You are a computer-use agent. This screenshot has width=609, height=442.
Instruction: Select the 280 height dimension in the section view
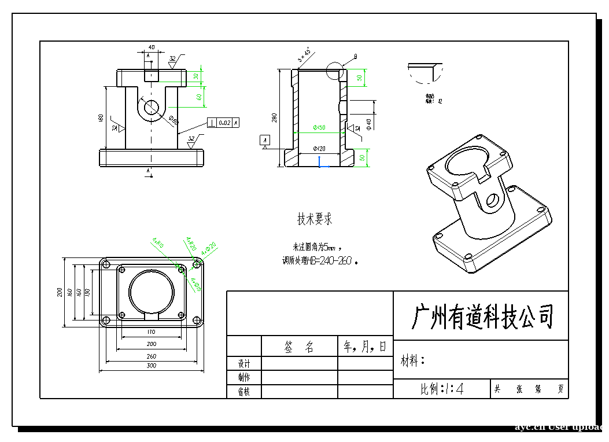[274, 118]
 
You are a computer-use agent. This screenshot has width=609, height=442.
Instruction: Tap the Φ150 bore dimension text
[319, 127]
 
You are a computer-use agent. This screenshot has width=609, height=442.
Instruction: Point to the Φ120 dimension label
[319, 149]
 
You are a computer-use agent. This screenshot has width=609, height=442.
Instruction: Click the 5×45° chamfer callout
[304, 55]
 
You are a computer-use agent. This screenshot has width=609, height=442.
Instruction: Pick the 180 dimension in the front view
[101, 118]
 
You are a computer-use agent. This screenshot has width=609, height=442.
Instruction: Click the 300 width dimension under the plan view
[151, 366]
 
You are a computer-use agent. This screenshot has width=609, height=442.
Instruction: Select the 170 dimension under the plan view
[151, 332]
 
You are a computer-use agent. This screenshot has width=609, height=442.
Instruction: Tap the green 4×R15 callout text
[158, 242]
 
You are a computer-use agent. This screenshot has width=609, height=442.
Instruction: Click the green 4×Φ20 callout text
[209, 249]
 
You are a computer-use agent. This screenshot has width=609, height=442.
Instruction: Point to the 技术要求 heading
[315, 219]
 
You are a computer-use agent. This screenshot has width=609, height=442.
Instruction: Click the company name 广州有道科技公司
[482, 316]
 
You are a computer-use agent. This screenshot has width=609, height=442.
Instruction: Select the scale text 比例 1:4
[442, 389]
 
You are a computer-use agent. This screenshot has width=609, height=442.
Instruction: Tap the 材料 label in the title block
[412, 362]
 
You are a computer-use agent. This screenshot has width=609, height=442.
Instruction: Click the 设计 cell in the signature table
[244, 364]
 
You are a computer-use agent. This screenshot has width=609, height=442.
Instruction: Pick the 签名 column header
[299, 347]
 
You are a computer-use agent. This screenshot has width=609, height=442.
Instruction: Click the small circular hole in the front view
[152, 107]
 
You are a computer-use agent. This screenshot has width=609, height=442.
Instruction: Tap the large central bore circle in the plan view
[152, 290]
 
